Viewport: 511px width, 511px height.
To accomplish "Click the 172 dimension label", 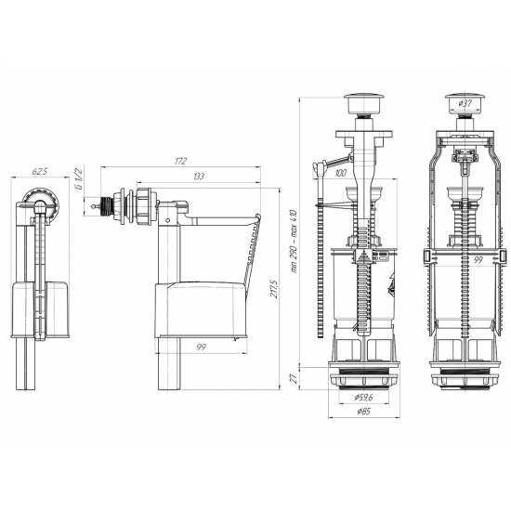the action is (181, 161).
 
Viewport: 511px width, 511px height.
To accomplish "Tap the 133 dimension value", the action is (199, 177).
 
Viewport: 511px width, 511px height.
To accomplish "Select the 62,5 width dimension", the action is (40, 172).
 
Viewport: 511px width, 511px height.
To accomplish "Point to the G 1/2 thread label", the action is (78, 178).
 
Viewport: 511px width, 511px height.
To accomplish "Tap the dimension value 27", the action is (294, 378).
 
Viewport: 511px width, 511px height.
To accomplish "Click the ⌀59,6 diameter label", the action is (363, 398).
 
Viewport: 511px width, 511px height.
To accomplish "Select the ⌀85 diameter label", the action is (363, 412).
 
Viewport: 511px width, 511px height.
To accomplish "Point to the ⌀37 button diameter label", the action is (465, 104).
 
